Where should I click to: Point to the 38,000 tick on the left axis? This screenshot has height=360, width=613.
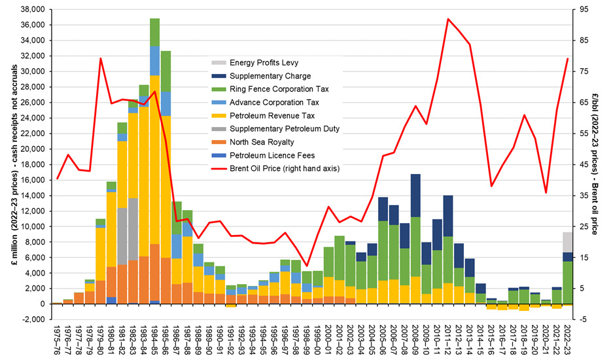[29, 10]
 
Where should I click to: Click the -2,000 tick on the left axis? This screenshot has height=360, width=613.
[31, 319]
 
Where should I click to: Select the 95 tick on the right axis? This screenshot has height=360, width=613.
[579, 10]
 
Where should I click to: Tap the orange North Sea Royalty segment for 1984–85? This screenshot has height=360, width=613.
[155, 272]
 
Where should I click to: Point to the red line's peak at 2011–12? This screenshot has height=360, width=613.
[447, 19]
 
